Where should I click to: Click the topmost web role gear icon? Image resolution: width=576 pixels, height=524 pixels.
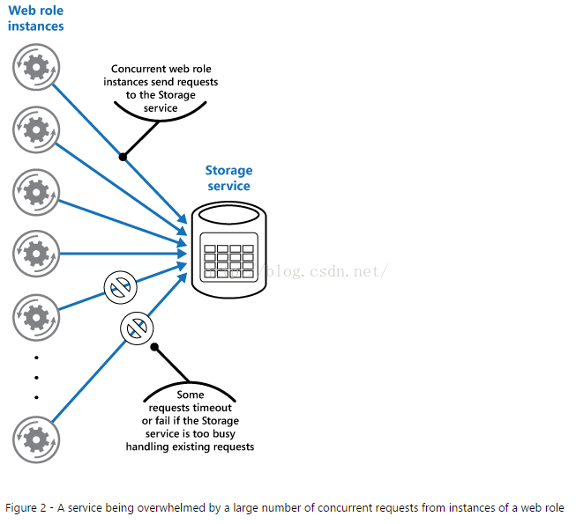click(x=36, y=67)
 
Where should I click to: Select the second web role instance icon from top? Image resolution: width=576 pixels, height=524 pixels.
click(x=36, y=129)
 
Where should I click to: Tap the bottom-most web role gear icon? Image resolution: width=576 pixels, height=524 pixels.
click(x=36, y=439)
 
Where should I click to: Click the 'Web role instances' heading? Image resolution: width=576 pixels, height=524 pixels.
click(x=35, y=18)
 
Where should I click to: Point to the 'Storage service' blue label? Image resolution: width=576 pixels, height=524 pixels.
click(x=228, y=178)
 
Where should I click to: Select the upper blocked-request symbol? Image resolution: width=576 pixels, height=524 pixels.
click(x=121, y=287)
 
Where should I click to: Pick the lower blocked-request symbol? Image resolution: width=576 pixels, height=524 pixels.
click(x=137, y=328)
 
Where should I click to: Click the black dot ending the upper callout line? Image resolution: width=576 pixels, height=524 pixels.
click(x=123, y=157)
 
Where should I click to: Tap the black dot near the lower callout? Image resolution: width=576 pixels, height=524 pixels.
click(x=154, y=346)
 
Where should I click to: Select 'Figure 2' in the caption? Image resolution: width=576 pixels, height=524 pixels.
click(x=26, y=508)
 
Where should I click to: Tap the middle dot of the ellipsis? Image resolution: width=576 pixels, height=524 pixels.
click(x=36, y=377)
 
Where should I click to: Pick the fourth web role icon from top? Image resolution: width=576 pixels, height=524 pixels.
click(x=36, y=254)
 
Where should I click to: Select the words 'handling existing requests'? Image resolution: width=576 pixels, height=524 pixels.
click(x=190, y=447)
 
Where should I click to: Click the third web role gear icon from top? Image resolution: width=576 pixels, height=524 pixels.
click(x=36, y=192)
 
